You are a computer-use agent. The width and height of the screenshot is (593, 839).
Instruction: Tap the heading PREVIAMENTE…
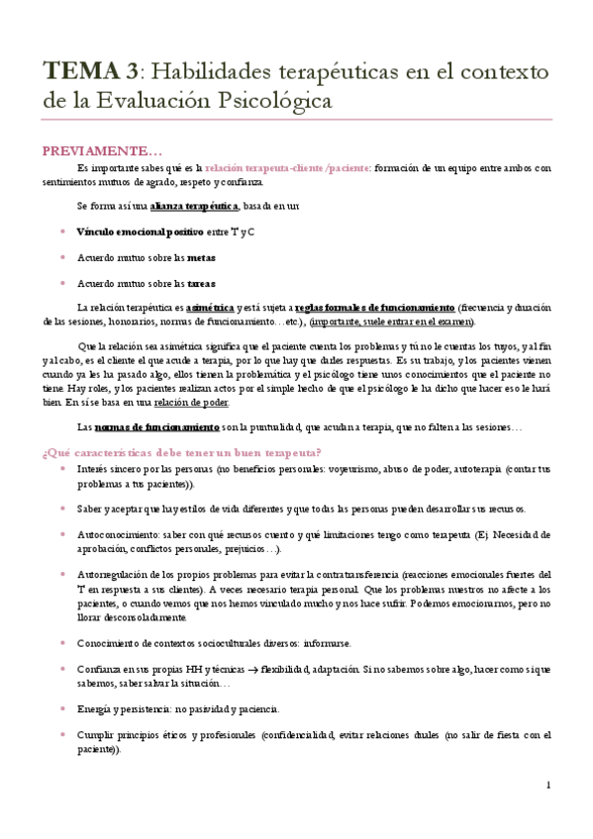coord(100,150)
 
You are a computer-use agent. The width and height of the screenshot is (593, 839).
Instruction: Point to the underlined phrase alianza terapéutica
coord(194,206)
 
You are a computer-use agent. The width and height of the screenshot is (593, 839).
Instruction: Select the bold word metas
coord(201,257)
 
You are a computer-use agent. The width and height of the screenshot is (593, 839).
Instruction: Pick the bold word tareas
coord(202,283)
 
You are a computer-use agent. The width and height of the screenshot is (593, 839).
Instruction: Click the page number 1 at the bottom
coord(548,786)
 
